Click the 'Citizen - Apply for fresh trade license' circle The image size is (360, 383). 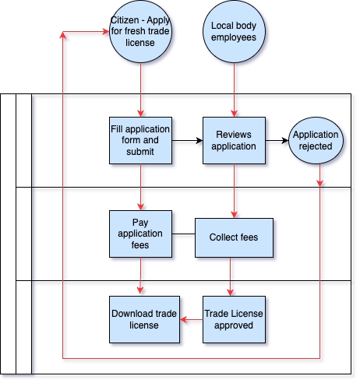(x=140, y=31)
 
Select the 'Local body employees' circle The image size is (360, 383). (x=234, y=31)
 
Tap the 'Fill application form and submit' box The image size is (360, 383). (x=140, y=140)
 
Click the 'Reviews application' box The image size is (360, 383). (x=234, y=140)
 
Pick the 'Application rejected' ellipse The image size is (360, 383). (x=316, y=140)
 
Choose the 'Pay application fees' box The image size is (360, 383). (x=140, y=234)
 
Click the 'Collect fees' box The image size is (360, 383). (x=234, y=237)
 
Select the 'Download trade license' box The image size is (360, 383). (x=144, y=319)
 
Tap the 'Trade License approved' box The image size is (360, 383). (x=234, y=319)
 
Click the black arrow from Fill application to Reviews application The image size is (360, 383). (x=187, y=141)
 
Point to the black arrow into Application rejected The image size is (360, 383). (x=277, y=141)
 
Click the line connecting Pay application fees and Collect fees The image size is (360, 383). (x=183, y=234)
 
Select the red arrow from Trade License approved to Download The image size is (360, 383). (x=191, y=319)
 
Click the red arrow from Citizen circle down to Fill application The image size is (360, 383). (x=141, y=90)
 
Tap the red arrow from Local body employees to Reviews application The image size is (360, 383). (x=235, y=90)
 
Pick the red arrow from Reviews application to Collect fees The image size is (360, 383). (x=235, y=191)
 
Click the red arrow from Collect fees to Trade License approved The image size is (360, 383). (x=230, y=276)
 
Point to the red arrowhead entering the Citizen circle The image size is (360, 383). (x=106, y=32)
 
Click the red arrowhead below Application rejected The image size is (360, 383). (x=320, y=183)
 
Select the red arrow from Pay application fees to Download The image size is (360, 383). (x=140, y=276)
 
